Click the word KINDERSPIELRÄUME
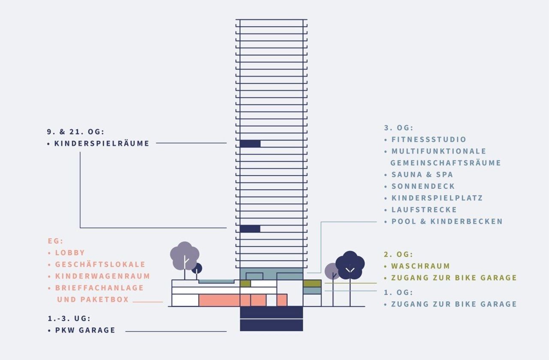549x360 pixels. click(x=102, y=143)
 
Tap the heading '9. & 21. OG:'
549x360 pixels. click(x=76, y=132)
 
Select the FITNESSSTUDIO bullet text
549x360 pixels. click(x=428, y=139)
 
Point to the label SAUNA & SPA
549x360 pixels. click(x=422, y=174)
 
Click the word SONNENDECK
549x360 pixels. click(x=423, y=186)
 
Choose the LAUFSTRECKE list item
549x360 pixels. click(x=424, y=210)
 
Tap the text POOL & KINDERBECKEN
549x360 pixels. click(x=447, y=221)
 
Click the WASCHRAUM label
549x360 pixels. click(x=421, y=266)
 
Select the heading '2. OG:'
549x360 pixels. click(x=398, y=254)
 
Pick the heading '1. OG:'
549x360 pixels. click(x=398, y=292)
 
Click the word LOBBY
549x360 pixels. click(x=70, y=253)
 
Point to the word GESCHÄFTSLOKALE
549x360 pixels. click(x=100, y=264)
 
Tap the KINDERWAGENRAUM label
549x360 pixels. click(x=103, y=276)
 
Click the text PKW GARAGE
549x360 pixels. click(x=85, y=330)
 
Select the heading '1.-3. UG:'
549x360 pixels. click(x=69, y=318)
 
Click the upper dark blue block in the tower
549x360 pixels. click(x=250, y=144)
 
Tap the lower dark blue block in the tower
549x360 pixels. click(x=250, y=229)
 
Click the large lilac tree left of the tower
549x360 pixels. click(x=184, y=256)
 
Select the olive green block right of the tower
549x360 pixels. click(x=312, y=284)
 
